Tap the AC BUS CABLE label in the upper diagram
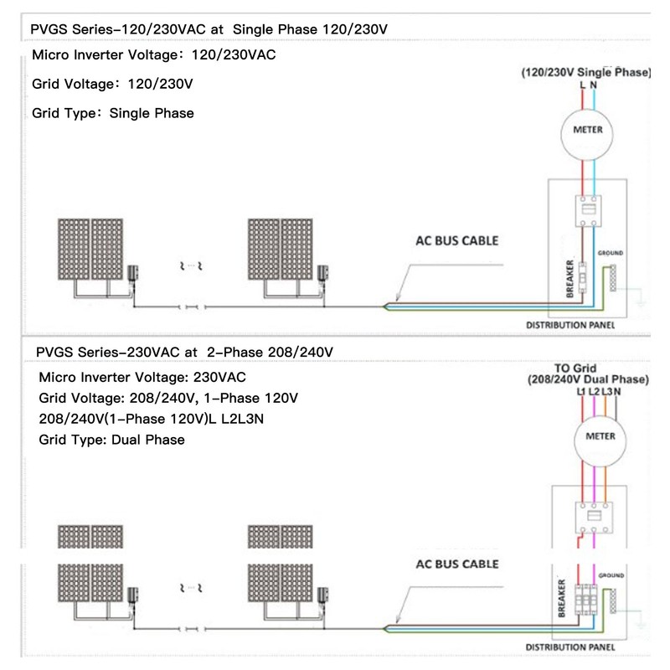(456, 240)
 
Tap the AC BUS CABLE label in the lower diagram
(456, 564)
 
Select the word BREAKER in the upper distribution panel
(569, 278)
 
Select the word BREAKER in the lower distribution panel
(561, 598)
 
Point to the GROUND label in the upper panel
(611, 253)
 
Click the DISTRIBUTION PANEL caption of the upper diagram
(570, 325)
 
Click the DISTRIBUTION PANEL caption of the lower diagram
(570, 647)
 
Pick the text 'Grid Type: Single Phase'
(113, 113)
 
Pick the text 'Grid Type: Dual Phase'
(111, 440)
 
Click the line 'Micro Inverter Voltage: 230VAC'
(142, 378)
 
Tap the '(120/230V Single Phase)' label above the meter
(585, 72)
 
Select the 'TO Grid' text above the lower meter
(575, 368)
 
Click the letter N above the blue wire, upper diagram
(594, 85)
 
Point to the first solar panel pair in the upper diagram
(90, 249)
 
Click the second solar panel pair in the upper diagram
(281, 249)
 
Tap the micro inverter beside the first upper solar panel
(132, 274)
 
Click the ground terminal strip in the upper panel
(613, 278)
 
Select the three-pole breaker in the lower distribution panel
(585, 599)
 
